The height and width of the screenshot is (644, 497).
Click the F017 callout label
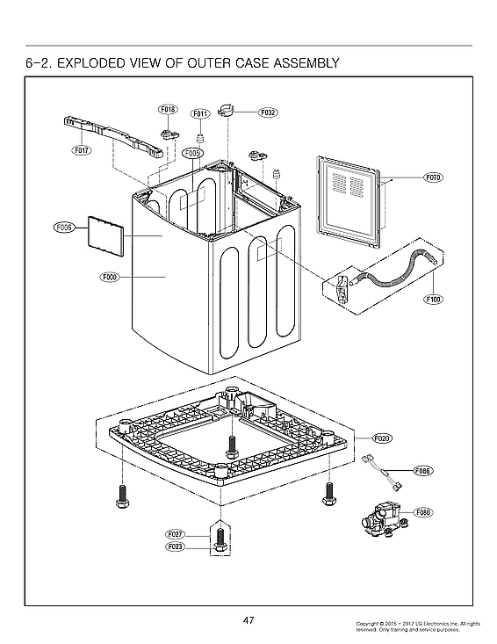82,150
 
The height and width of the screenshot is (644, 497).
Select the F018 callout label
168,110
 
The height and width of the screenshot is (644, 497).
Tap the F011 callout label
199,114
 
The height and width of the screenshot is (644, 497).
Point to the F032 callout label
269,113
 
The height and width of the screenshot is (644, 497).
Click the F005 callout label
193,153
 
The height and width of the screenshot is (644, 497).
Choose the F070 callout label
433,177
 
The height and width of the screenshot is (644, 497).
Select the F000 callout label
109,278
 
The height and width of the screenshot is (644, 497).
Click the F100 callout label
433,299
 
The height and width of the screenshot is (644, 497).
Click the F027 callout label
175,534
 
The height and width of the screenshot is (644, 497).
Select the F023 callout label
175,546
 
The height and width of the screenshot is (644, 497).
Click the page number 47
248,621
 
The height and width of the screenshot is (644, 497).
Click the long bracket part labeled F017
114,136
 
